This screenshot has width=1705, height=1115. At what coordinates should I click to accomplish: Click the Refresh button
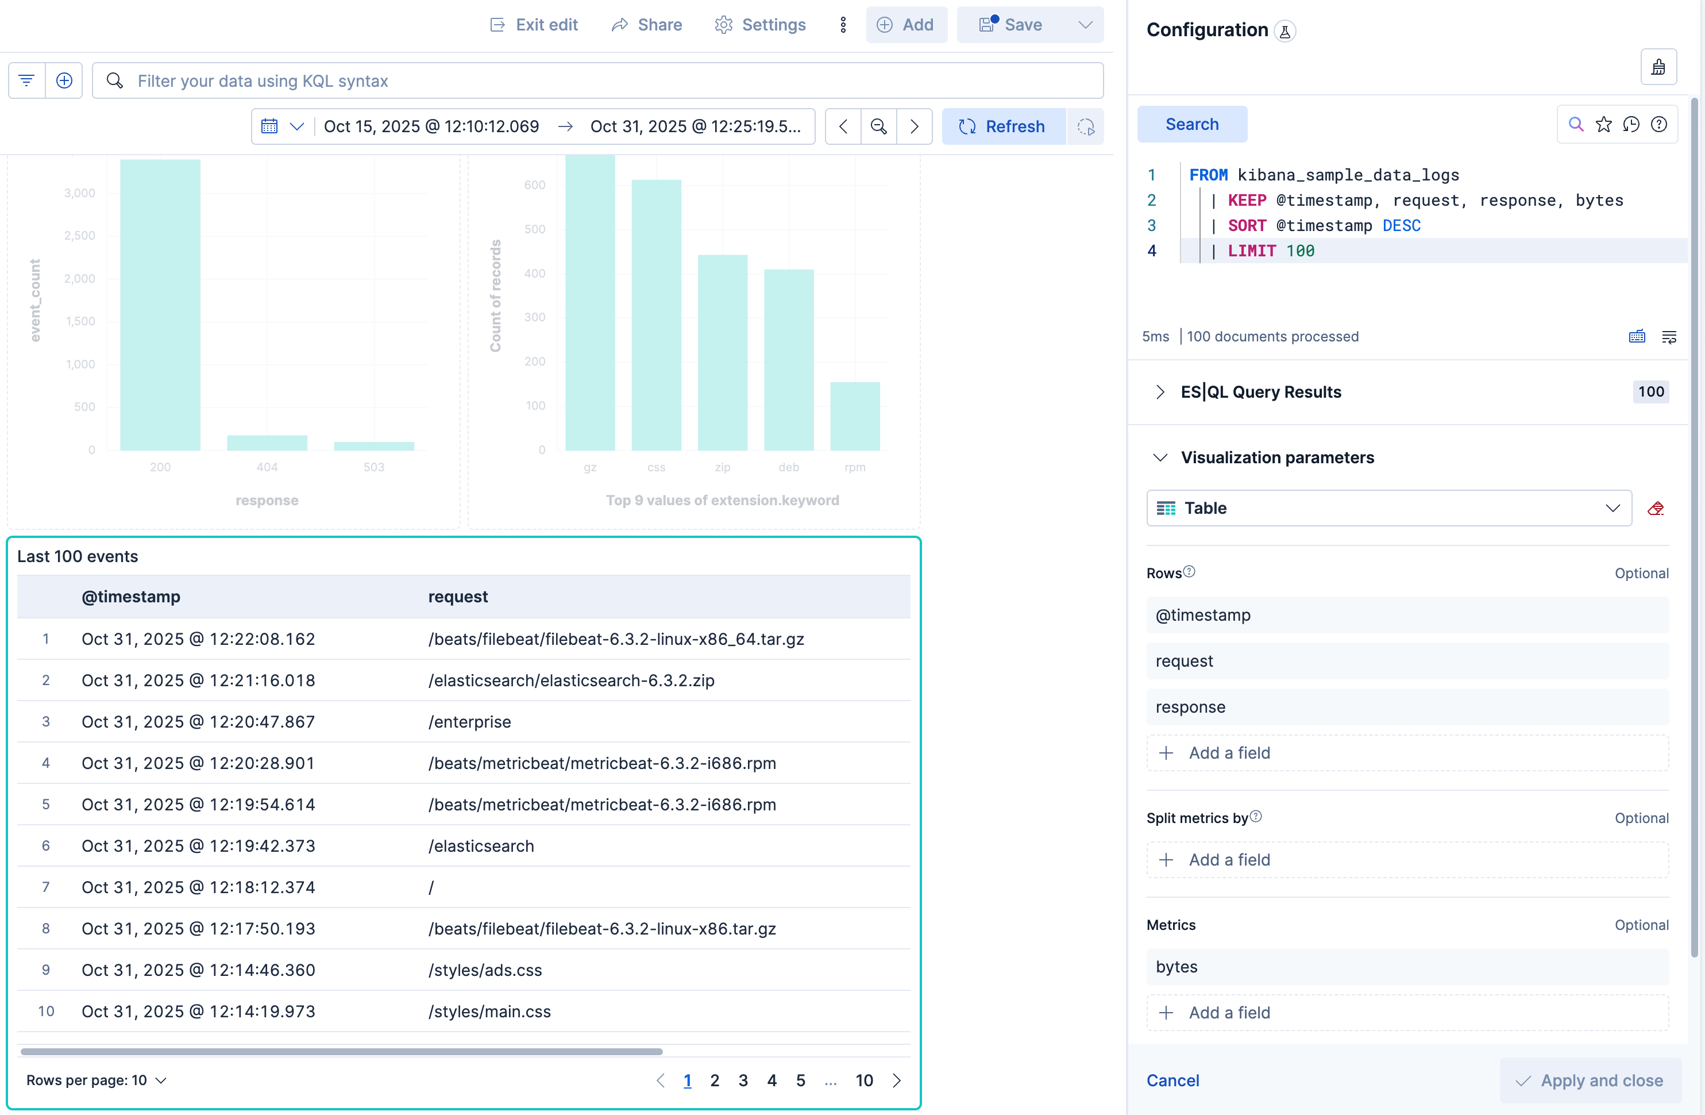coord(1002,126)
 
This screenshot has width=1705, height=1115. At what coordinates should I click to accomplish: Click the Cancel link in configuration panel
coord(1172,1080)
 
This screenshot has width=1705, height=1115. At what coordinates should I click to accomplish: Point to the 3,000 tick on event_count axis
coord(79,193)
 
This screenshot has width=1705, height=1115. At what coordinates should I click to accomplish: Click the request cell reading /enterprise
coord(469,722)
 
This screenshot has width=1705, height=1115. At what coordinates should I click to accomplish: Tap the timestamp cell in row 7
coord(198,887)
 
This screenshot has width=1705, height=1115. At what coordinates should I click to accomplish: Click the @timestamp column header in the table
coord(130,596)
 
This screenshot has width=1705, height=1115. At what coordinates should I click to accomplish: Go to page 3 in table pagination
coord(743,1080)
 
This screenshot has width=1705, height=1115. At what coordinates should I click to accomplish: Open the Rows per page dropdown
coord(96,1080)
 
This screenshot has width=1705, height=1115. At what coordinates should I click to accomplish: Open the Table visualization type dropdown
coord(1388,508)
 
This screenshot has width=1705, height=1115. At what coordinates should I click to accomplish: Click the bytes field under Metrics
coord(1406,967)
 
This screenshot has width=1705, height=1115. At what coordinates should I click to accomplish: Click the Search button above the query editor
coord(1191,124)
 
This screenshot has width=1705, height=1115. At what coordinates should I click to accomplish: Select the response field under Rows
coord(1406,706)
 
